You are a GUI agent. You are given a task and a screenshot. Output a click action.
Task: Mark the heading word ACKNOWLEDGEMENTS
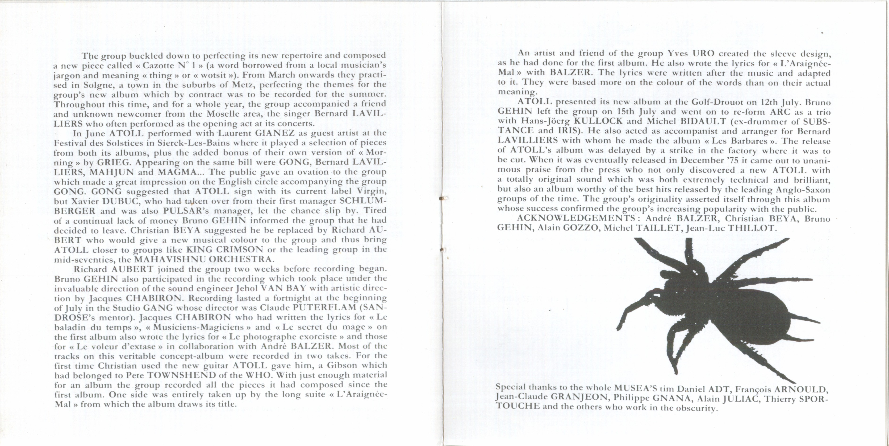click(x=576, y=218)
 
